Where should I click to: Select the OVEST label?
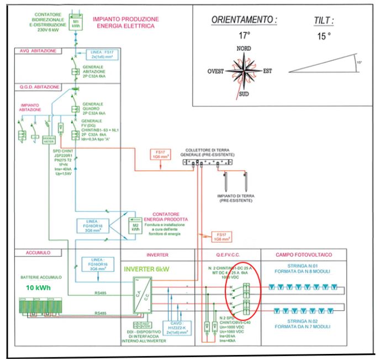(216, 72)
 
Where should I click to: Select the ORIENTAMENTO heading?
(245, 20)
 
